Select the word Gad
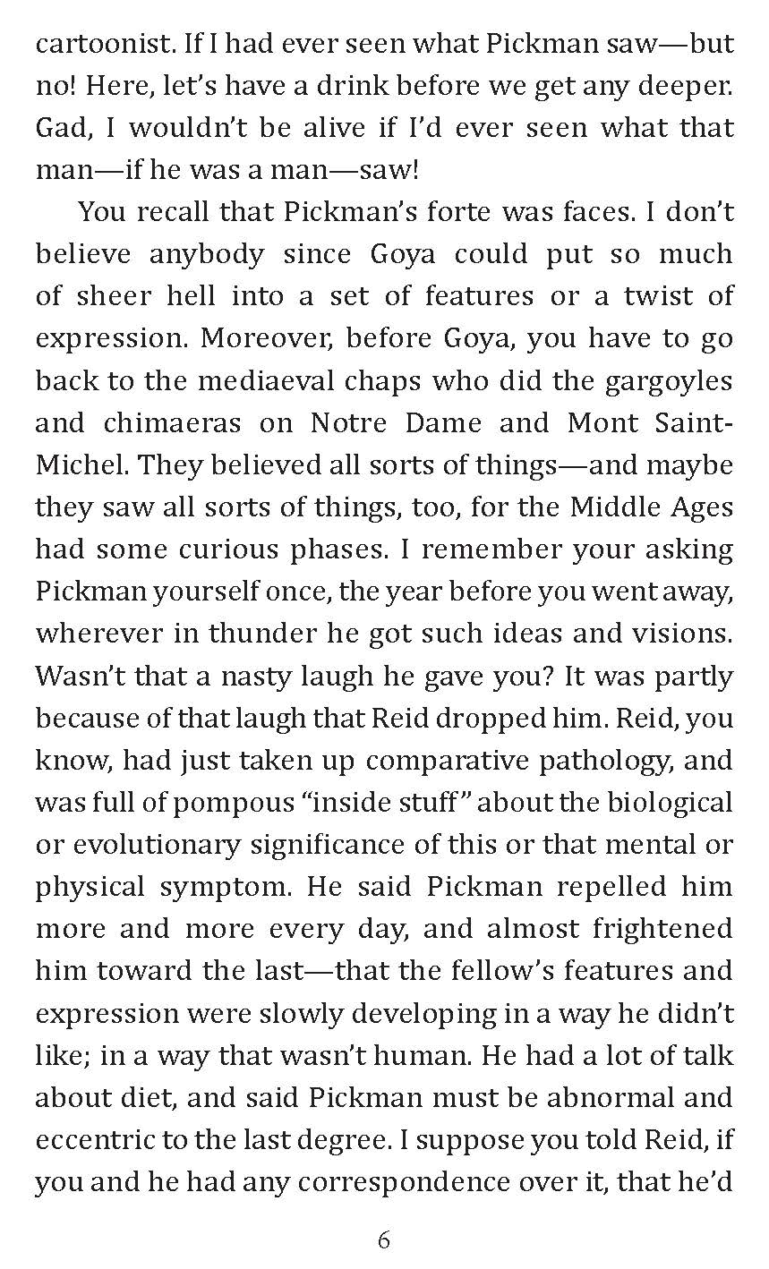64,128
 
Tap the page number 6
384,1239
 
